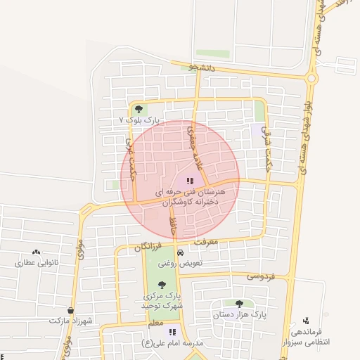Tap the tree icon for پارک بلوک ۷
point(139,109)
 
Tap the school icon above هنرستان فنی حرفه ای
point(191,181)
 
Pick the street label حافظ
point(173,226)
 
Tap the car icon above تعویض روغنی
point(180,252)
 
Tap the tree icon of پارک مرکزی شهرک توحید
point(162,285)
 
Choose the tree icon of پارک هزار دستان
point(240,304)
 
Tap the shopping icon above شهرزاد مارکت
point(71,310)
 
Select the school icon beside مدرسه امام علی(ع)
point(172,332)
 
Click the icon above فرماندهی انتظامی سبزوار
point(304,321)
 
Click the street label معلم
point(155,322)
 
